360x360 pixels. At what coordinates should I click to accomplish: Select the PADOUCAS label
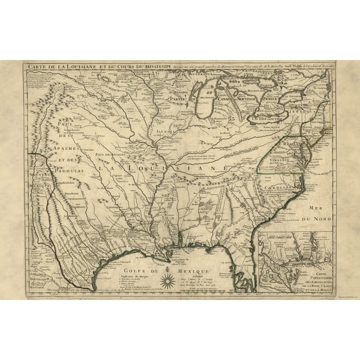pyautogui.click(x=69, y=160)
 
